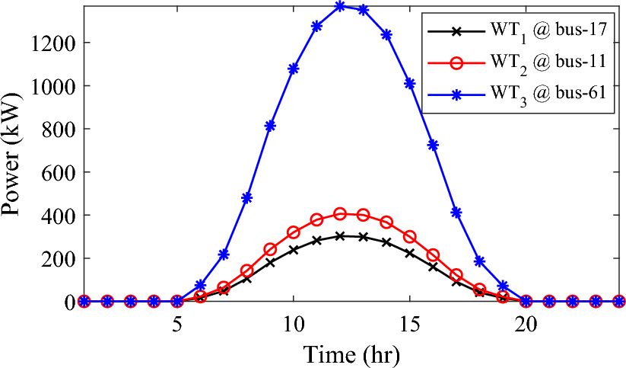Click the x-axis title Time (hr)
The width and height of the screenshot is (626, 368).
(x=351, y=354)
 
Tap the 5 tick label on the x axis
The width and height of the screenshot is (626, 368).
(x=177, y=322)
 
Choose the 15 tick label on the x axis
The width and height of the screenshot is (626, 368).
(x=410, y=322)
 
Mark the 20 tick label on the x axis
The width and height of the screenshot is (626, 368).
(x=526, y=322)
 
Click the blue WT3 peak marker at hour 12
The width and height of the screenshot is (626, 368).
(x=340, y=6)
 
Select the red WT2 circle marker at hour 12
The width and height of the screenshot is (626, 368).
(x=340, y=214)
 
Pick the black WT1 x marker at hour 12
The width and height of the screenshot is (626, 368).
(x=340, y=236)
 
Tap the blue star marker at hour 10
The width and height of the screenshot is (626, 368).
(x=294, y=69)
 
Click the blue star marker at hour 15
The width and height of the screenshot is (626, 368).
(x=410, y=83)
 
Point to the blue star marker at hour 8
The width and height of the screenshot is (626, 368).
(x=247, y=198)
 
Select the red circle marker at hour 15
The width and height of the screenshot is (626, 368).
(x=410, y=237)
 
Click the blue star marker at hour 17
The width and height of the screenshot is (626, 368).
(x=456, y=213)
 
